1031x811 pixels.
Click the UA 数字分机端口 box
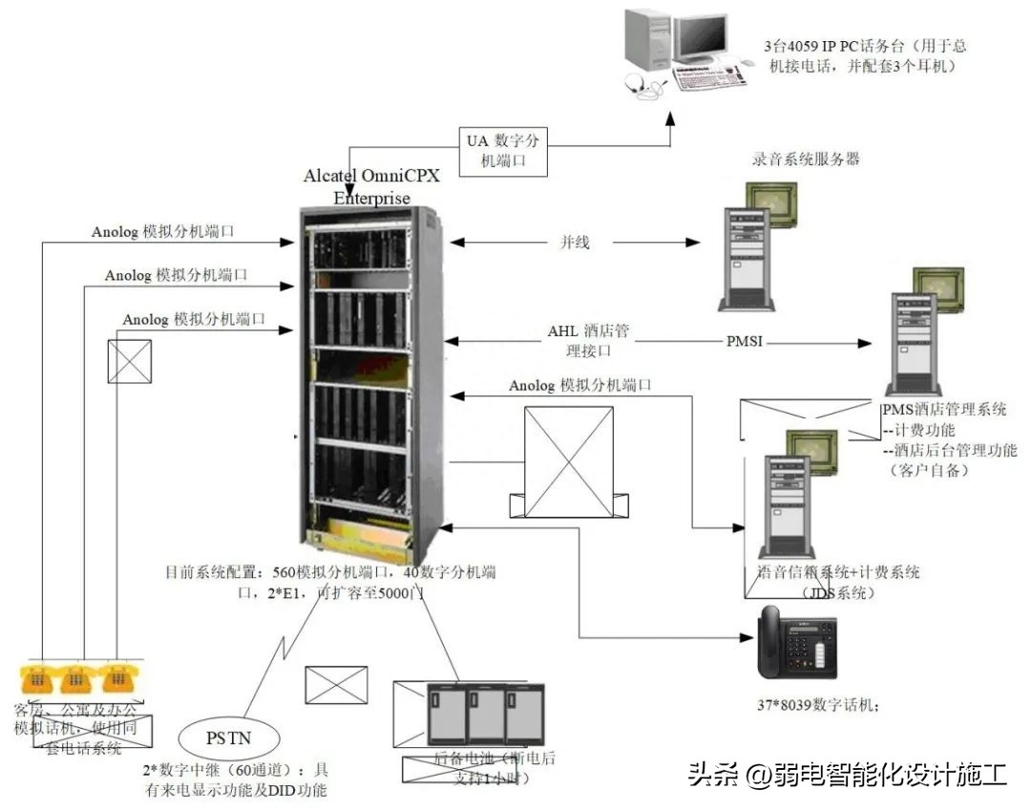[503, 151]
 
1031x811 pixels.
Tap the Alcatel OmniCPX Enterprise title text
[371, 187]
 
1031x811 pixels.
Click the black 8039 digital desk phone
[797, 643]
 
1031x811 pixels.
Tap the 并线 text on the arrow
[575, 243]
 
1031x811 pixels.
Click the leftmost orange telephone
[37, 679]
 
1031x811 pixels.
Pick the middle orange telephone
[76, 679]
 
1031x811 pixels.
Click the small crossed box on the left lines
[130, 361]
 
